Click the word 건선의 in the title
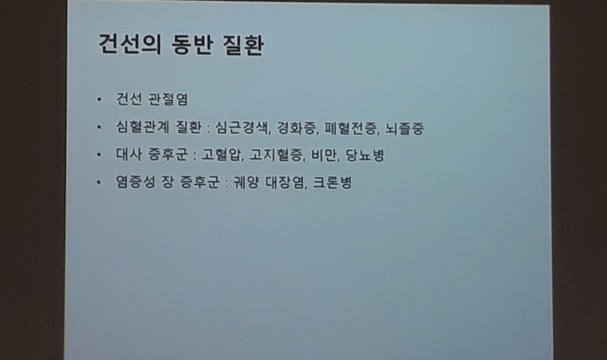tap(130, 45)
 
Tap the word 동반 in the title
tap(192, 45)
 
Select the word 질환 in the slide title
tap(243, 45)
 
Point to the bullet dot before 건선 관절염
tap(99, 100)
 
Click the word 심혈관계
tap(142, 127)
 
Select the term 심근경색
tap(242, 128)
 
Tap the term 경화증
tap(298, 128)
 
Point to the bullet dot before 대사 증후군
tap(99, 155)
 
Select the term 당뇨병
tap(365, 155)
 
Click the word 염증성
tap(136, 181)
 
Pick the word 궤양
tap(246, 182)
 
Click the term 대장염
tap(286, 182)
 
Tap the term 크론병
tap(333, 182)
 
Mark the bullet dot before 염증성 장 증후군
tap(99, 181)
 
